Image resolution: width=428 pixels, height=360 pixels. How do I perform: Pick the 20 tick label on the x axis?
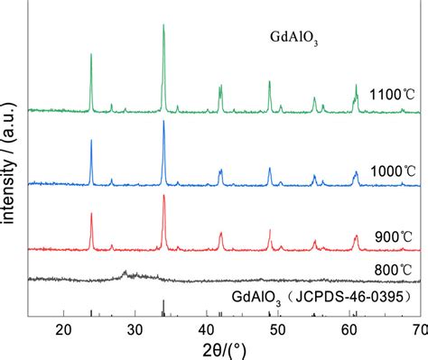coord(63,327)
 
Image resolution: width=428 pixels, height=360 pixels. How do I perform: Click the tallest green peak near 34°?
coord(163,26)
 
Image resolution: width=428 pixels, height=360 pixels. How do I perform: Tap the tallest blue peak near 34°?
coord(163,122)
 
